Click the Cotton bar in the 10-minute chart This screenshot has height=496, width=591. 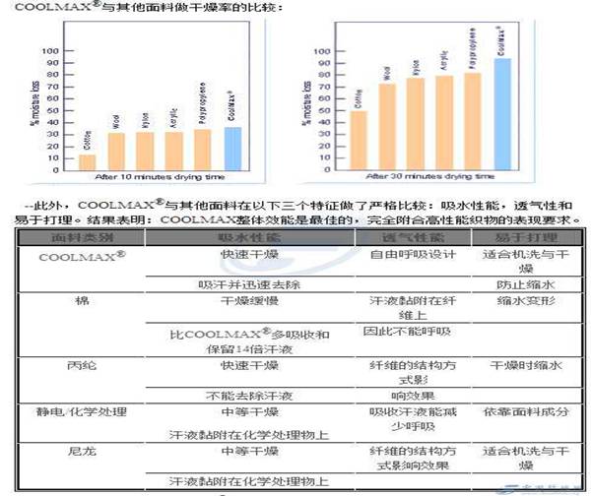[x=88, y=161]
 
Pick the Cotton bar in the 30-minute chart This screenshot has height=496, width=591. [x=359, y=140]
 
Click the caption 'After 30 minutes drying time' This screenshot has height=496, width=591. [x=430, y=180]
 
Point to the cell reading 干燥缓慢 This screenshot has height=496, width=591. [x=239, y=301]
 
